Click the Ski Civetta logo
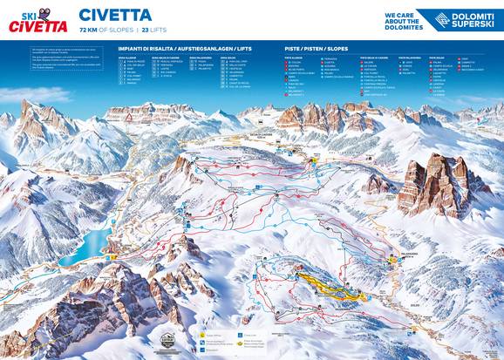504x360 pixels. tap(37, 21)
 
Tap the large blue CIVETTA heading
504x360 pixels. tap(115, 15)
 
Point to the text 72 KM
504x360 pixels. tap(90, 30)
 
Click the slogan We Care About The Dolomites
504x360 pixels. tap(404, 21)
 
